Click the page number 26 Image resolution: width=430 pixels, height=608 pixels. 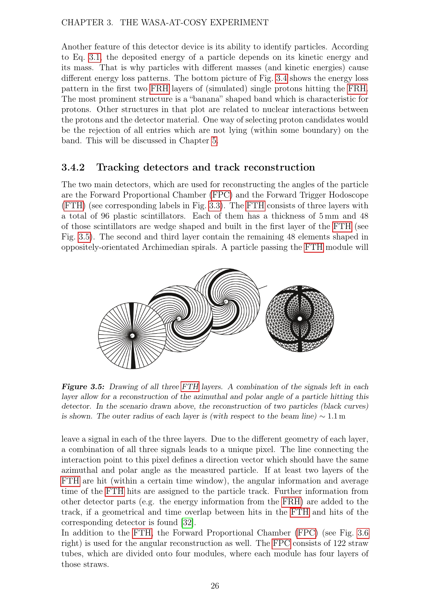(x=215, y=586)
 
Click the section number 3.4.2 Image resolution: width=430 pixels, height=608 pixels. (x=73, y=167)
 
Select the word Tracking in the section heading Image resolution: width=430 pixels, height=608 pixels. (x=118, y=168)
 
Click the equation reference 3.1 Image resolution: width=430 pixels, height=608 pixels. (x=95, y=57)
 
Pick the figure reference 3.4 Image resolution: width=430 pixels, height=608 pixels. (x=282, y=78)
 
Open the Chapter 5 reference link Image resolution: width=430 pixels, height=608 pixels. (x=214, y=140)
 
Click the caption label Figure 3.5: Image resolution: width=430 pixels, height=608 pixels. (x=83, y=387)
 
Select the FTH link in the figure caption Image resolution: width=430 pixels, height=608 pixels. (x=190, y=387)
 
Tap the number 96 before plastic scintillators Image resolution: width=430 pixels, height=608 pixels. (x=105, y=216)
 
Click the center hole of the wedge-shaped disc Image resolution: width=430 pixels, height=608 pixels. (x=132, y=336)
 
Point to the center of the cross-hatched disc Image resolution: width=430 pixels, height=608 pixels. (x=300, y=319)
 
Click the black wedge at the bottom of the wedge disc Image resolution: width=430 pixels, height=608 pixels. (x=133, y=355)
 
